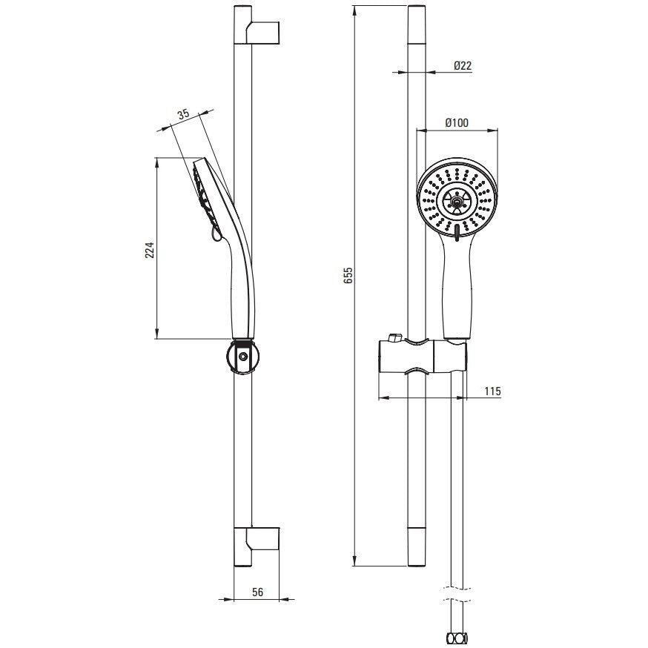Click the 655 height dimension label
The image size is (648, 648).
pos(348,275)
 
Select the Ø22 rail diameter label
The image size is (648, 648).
pos(463,66)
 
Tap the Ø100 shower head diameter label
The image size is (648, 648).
pos(457,123)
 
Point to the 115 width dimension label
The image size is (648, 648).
pos(492,391)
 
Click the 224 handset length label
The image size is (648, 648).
pos(149,250)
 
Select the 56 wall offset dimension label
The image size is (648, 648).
pos(257,592)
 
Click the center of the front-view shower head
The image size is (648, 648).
pos(457,201)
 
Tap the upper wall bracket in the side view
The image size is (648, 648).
pos(263,32)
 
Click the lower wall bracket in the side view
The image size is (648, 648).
pos(263,538)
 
